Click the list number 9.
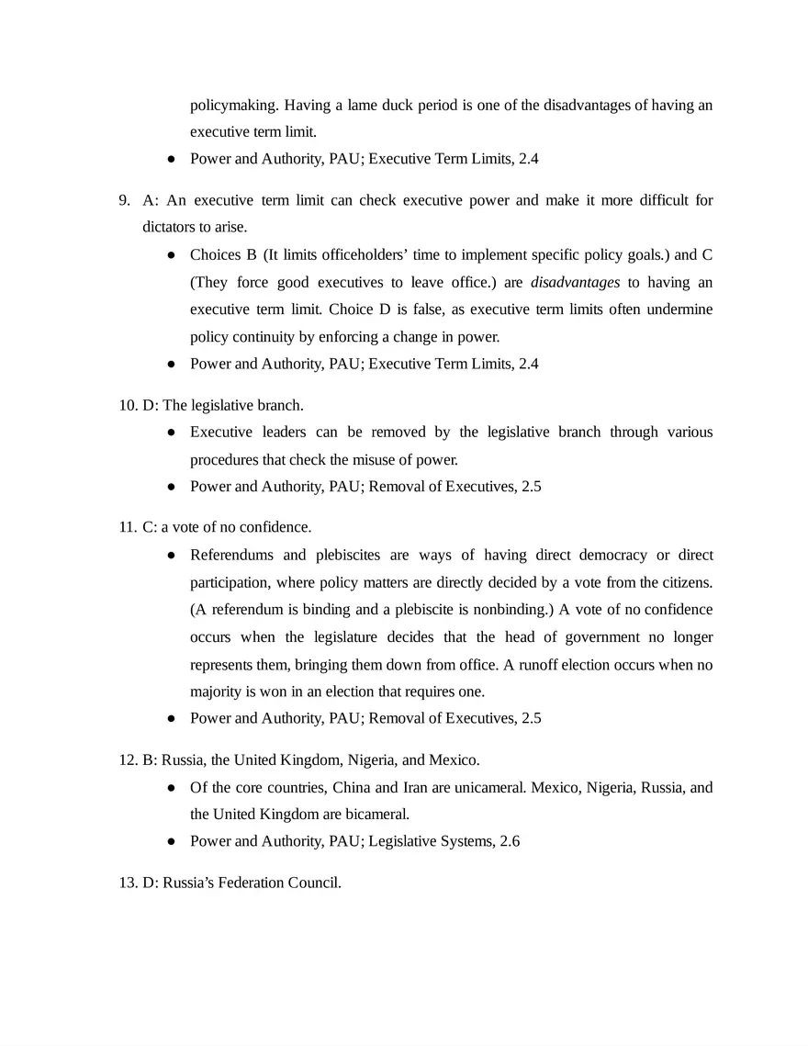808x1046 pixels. click(x=124, y=200)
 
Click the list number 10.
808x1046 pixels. click(x=127, y=405)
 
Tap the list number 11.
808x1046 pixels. click(x=127, y=527)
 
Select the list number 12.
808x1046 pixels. click(x=127, y=760)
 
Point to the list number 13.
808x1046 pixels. click(x=127, y=883)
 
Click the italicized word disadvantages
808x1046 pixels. click(x=575, y=283)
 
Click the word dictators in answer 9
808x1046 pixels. click(x=170, y=227)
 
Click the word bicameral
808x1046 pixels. click(x=376, y=815)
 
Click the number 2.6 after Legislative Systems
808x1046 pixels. click(x=510, y=841)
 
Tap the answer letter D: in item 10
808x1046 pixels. click(x=150, y=405)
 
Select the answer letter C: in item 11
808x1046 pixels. click(x=150, y=527)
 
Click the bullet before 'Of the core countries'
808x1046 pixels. click(x=172, y=788)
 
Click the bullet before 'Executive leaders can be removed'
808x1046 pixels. click(x=172, y=433)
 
